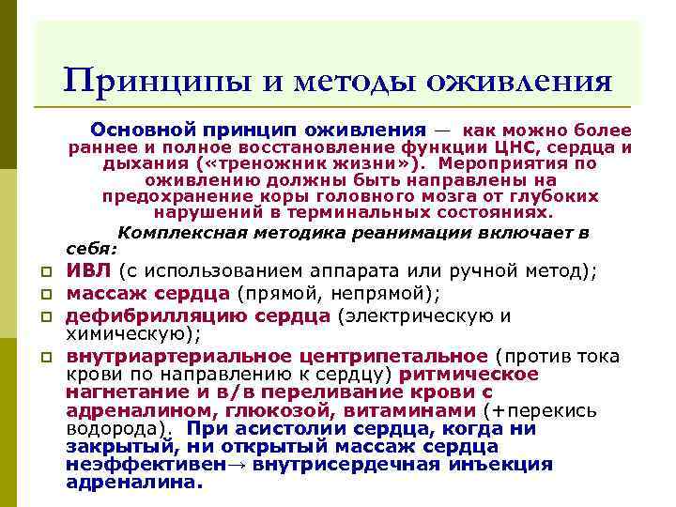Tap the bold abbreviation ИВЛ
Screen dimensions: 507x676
[88, 271]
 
